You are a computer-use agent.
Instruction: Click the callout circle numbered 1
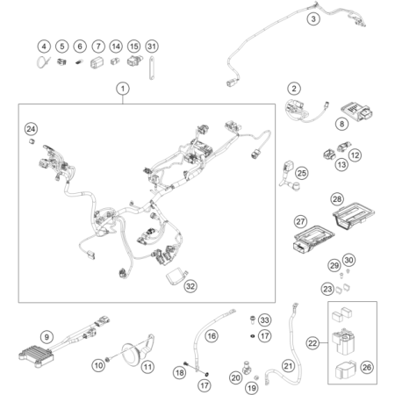[x=123, y=89]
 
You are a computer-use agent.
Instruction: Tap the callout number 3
[x=313, y=19]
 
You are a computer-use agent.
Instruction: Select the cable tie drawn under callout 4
[x=43, y=62]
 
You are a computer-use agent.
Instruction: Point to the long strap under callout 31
[x=152, y=68]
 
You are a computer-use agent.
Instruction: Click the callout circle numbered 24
[x=31, y=129]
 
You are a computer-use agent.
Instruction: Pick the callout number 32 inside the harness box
[x=190, y=286]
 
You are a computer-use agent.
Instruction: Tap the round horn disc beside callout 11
[x=133, y=355]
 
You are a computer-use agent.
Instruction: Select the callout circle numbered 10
[x=98, y=365]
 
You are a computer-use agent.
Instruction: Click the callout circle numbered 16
[x=212, y=336]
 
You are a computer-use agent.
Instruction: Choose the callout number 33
[x=265, y=320]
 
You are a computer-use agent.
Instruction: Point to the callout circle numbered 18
[x=179, y=372]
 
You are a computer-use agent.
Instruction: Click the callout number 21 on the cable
[x=288, y=366]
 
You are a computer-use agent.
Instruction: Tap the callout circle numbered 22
[x=312, y=343]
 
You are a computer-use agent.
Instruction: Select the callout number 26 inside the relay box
[x=367, y=367]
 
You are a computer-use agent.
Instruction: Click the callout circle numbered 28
[x=337, y=199]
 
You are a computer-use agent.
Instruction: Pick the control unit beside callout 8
[x=356, y=111]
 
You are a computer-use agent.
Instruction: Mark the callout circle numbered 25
[x=302, y=173]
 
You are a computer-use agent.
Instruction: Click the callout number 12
[x=355, y=155]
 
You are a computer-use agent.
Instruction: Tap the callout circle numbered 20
[x=236, y=377]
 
